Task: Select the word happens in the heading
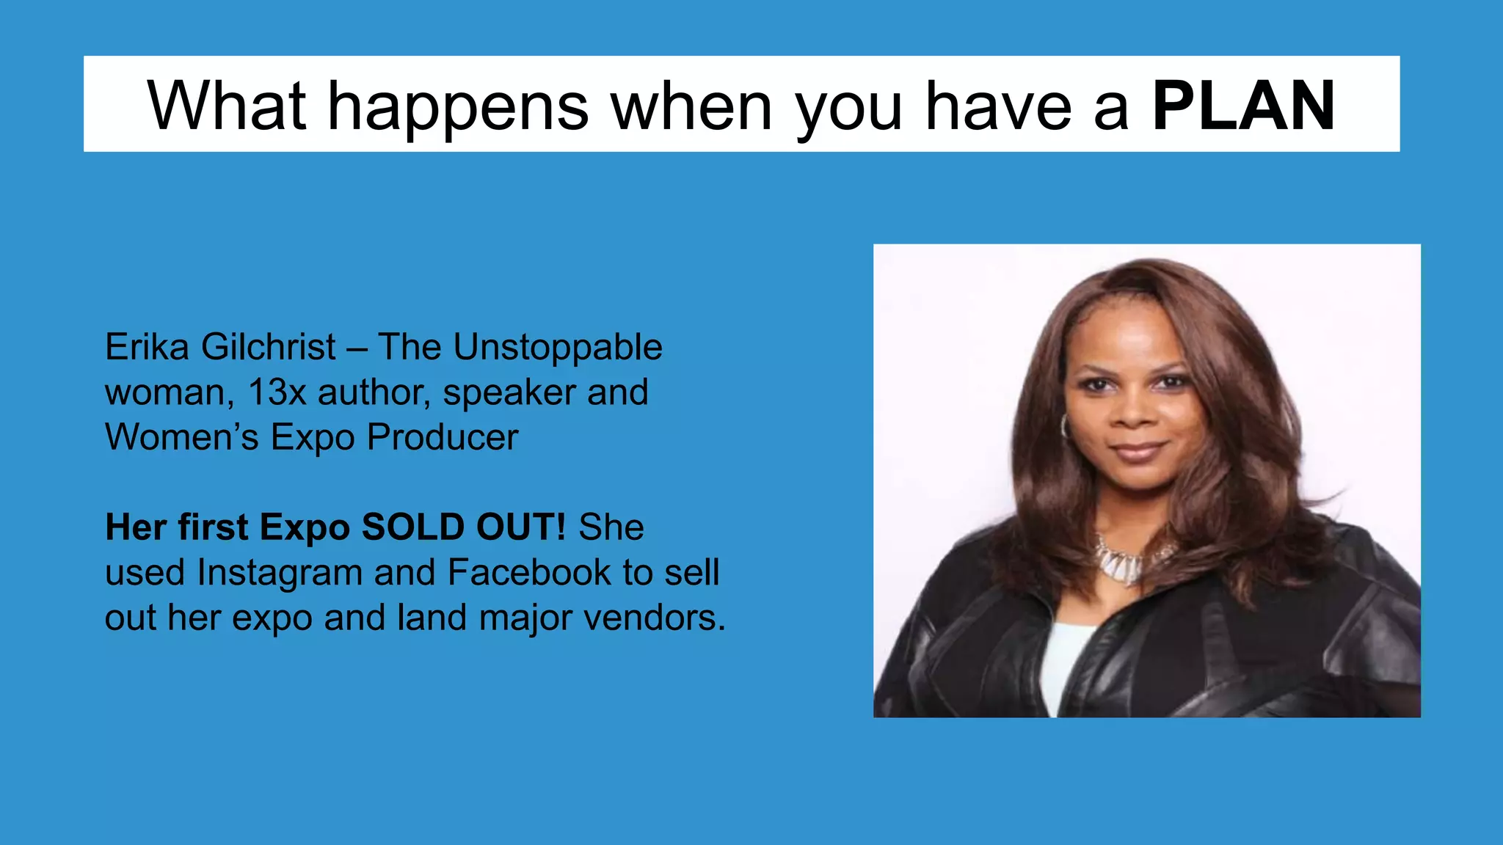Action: click(458, 107)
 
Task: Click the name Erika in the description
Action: click(147, 347)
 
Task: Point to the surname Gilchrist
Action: click(269, 347)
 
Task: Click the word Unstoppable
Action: click(558, 348)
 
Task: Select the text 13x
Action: click(277, 392)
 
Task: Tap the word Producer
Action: click(443, 438)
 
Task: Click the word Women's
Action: click(181, 438)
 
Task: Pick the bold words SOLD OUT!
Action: click(464, 527)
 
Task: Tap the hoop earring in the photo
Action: click(1063, 426)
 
